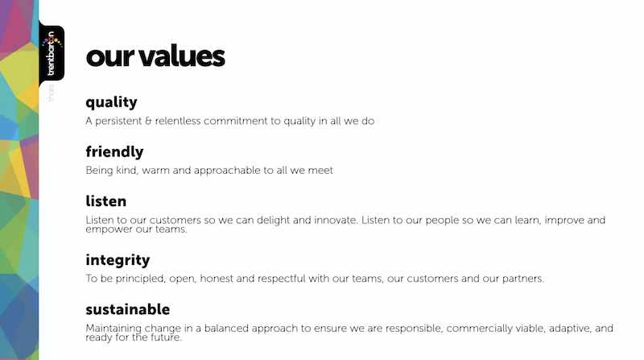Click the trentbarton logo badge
tap(52, 53)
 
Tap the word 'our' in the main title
tap(110, 58)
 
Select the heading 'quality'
tap(111, 102)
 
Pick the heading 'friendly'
tap(114, 151)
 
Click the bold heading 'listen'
tap(106, 201)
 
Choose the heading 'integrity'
tap(118, 260)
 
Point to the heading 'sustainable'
tap(128, 309)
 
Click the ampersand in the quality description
tap(148, 121)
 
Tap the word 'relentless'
tap(178, 121)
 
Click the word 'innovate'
tap(336, 220)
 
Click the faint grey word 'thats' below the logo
tap(51, 93)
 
